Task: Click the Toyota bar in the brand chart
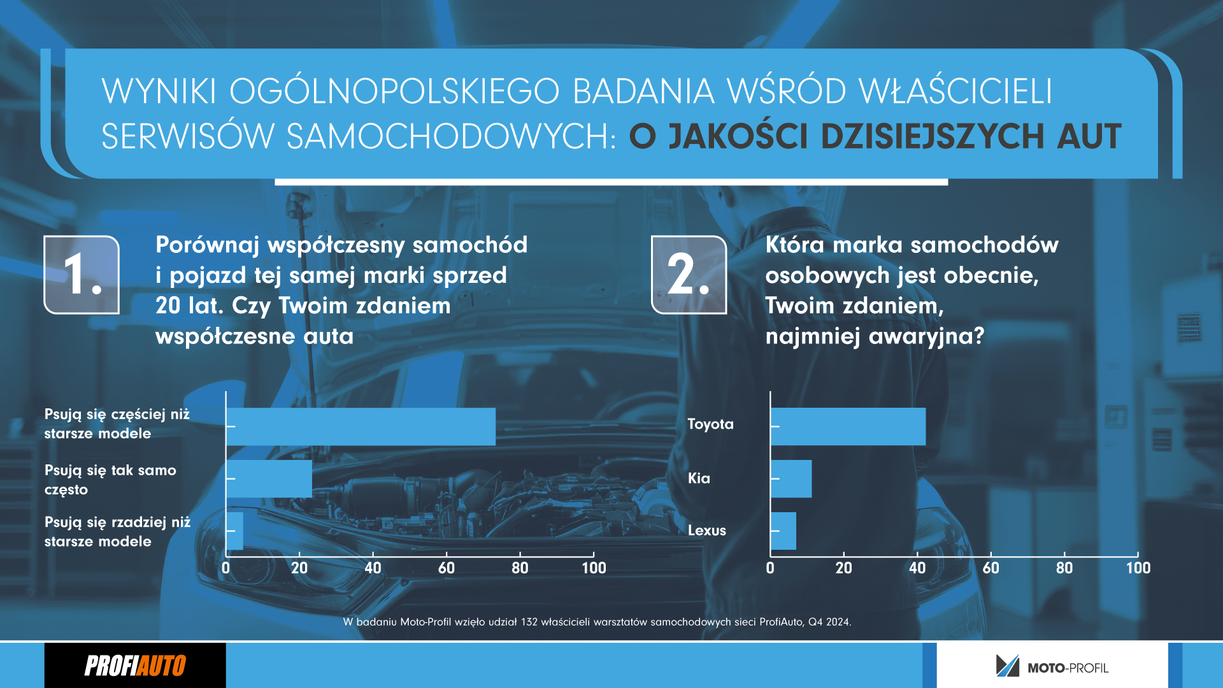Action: point(848,426)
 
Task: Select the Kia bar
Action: point(791,478)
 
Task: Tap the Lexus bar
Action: point(783,531)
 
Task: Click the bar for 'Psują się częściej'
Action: point(361,426)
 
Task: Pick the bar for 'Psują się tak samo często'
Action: point(269,478)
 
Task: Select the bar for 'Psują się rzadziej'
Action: point(235,531)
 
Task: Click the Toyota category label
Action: point(710,424)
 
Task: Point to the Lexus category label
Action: point(706,530)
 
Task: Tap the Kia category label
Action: point(699,478)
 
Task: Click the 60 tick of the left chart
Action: point(447,568)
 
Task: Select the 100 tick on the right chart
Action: point(1138,568)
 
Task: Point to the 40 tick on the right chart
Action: point(917,568)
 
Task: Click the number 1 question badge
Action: point(82,275)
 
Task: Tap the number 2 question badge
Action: point(689,275)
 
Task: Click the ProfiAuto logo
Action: point(135,666)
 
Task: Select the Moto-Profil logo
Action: point(1052,666)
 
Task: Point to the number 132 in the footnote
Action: point(529,622)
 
